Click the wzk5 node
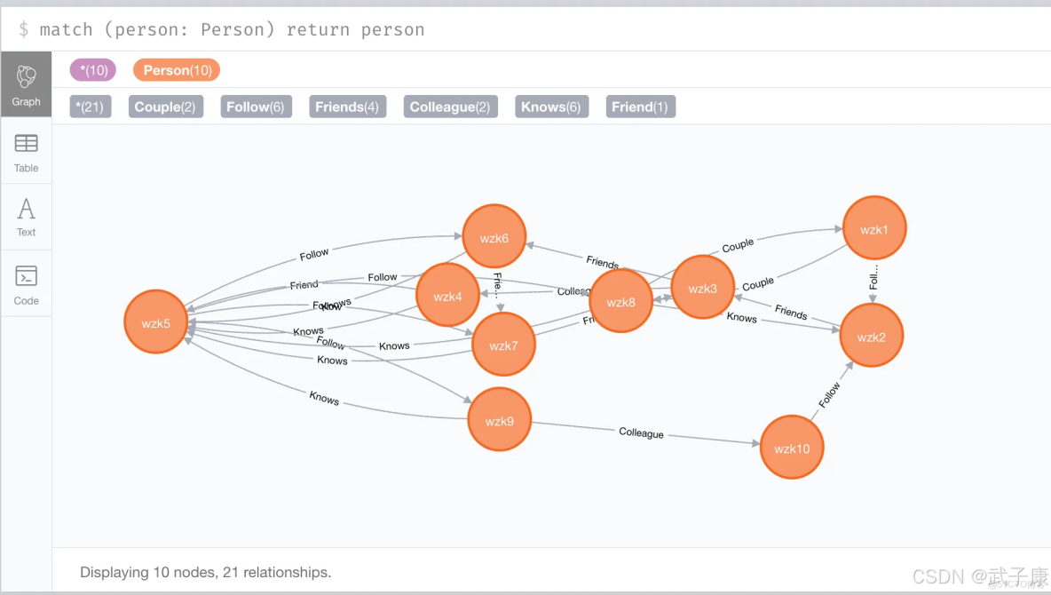point(156,321)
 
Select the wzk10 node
point(792,448)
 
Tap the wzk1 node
point(874,229)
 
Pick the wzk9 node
point(500,420)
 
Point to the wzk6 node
point(494,237)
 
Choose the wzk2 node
point(872,336)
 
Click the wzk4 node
point(447,295)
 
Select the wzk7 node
point(503,345)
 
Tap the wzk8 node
point(620,301)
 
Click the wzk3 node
point(702,288)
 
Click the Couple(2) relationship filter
point(165,107)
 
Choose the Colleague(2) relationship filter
point(450,107)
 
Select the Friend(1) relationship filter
point(640,107)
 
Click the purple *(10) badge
point(92,70)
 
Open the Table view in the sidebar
point(27,152)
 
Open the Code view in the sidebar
point(27,284)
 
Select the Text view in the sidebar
point(27,217)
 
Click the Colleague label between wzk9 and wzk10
point(641,432)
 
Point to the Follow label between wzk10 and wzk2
point(829,395)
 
